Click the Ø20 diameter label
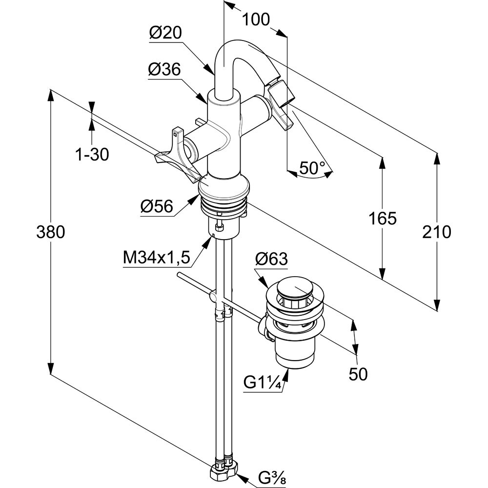165,33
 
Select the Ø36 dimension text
164,70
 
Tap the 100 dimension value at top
256,20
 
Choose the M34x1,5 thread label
156,257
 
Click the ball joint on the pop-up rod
213,296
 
